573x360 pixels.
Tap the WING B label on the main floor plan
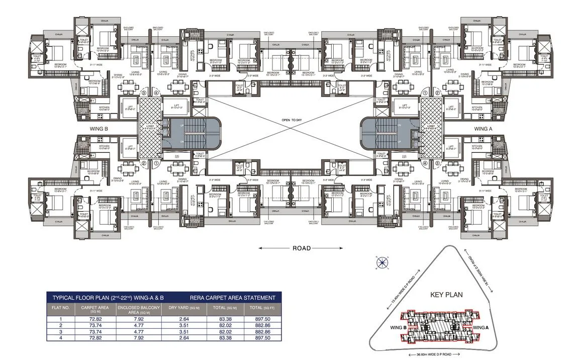coord(100,129)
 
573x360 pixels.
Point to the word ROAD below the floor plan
coord(301,248)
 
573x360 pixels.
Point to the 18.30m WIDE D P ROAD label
coord(474,269)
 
